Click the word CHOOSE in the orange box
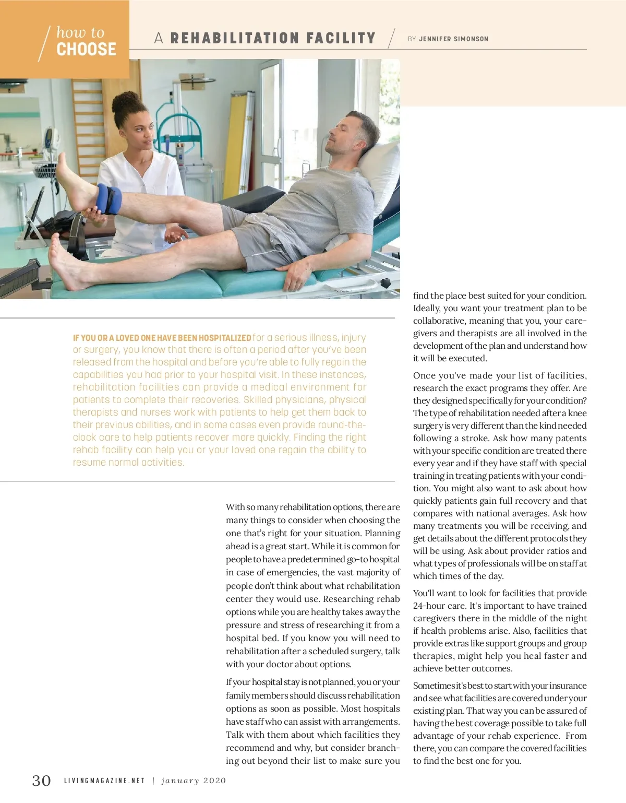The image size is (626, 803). coord(86,50)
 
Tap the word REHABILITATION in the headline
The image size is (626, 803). coord(235,39)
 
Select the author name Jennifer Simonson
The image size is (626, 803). coord(453,39)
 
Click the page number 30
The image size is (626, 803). coord(42,781)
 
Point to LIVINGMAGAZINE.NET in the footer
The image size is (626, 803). coord(104,781)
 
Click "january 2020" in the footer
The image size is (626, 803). coord(194,781)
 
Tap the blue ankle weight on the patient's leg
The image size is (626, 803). coord(109,199)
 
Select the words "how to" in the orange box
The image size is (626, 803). coord(80,32)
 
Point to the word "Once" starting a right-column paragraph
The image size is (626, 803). coord(424,376)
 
